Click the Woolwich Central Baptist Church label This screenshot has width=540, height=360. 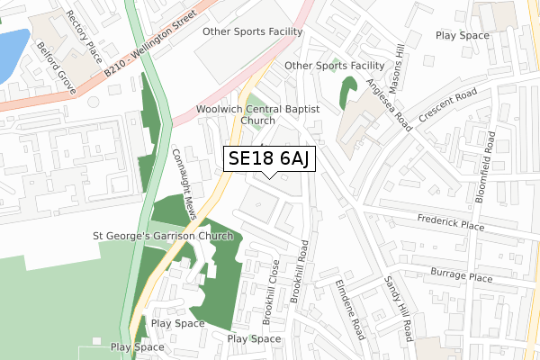pyautogui.click(x=257, y=113)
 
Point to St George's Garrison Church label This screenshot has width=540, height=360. pyautogui.click(x=163, y=236)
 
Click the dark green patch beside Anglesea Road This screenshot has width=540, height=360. pyautogui.click(x=347, y=91)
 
